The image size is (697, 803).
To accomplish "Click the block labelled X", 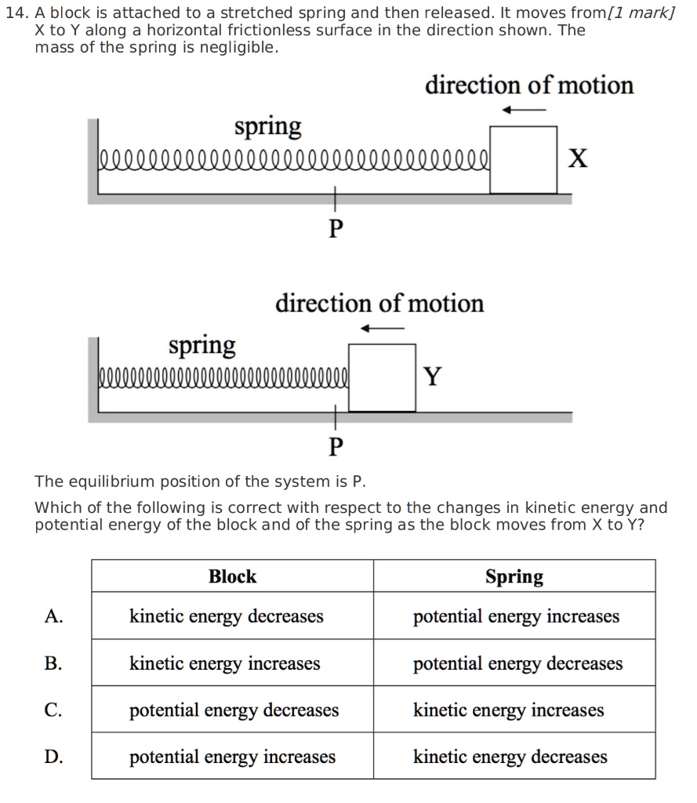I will [523, 159].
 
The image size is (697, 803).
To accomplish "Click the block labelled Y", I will [382, 377].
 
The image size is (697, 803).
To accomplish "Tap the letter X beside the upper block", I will [577, 159].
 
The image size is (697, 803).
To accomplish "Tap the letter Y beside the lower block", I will [432, 377].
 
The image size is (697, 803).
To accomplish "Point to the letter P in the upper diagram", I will [336, 229].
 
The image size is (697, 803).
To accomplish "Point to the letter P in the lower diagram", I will [336, 447].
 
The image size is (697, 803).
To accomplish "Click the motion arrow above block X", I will [523, 110].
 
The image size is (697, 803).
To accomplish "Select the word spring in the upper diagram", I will [268, 126].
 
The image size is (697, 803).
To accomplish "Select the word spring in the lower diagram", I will [202, 344].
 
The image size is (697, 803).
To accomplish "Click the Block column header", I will [232, 577].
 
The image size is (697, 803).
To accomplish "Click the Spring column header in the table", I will [514, 577].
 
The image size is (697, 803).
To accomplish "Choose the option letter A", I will [53, 616].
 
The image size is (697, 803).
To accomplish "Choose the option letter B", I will [53, 663].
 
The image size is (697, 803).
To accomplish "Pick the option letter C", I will [53, 710].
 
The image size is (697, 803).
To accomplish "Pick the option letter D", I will [53, 757].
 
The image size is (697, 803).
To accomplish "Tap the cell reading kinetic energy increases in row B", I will [225, 663].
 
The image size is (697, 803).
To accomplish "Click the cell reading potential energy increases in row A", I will [516, 616].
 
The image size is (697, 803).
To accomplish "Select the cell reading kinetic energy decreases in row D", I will [510, 757].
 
